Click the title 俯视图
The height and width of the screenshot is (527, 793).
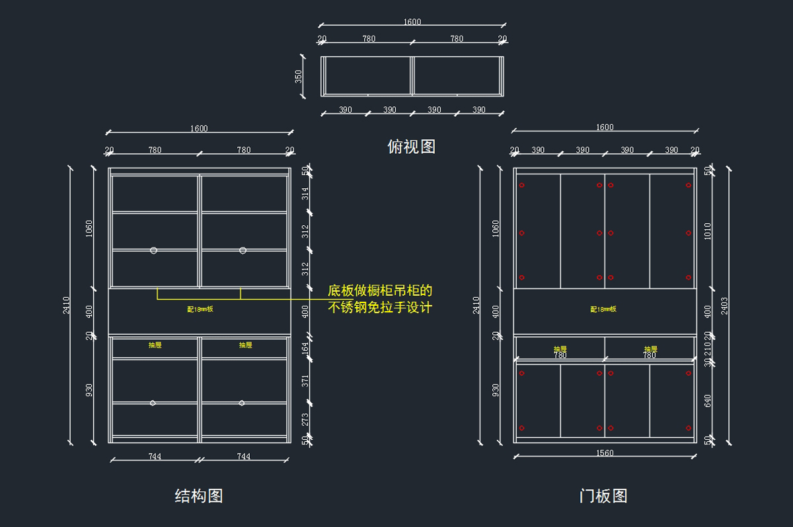click(411, 147)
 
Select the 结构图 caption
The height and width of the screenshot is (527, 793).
click(198, 496)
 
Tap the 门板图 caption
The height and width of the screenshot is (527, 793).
click(603, 496)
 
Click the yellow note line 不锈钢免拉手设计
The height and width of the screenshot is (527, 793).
click(380, 307)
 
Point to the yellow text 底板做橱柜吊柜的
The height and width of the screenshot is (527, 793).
click(380, 291)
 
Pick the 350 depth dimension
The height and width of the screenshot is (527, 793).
click(298, 77)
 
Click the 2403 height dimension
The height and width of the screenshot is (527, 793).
click(724, 305)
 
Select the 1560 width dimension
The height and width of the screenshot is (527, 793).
click(605, 453)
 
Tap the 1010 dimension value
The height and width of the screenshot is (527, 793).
click(708, 230)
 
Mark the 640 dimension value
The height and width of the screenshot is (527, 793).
click(708, 400)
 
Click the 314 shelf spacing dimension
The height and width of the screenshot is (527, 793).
click(305, 193)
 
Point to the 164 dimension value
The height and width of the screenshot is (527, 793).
click(305, 348)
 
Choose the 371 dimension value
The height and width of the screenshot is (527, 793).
click(305, 380)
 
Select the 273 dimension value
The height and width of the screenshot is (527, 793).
click(305, 419)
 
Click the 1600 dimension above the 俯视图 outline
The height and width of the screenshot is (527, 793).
click(412, 22)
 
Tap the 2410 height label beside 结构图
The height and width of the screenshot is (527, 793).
click(67, 304)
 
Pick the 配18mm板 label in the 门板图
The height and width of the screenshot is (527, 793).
click(603, 309)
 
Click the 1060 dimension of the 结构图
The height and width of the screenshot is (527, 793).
click(89, 228)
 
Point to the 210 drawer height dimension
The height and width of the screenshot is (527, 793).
click(708, 347)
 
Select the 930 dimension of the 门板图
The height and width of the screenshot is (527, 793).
click(496, 390)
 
